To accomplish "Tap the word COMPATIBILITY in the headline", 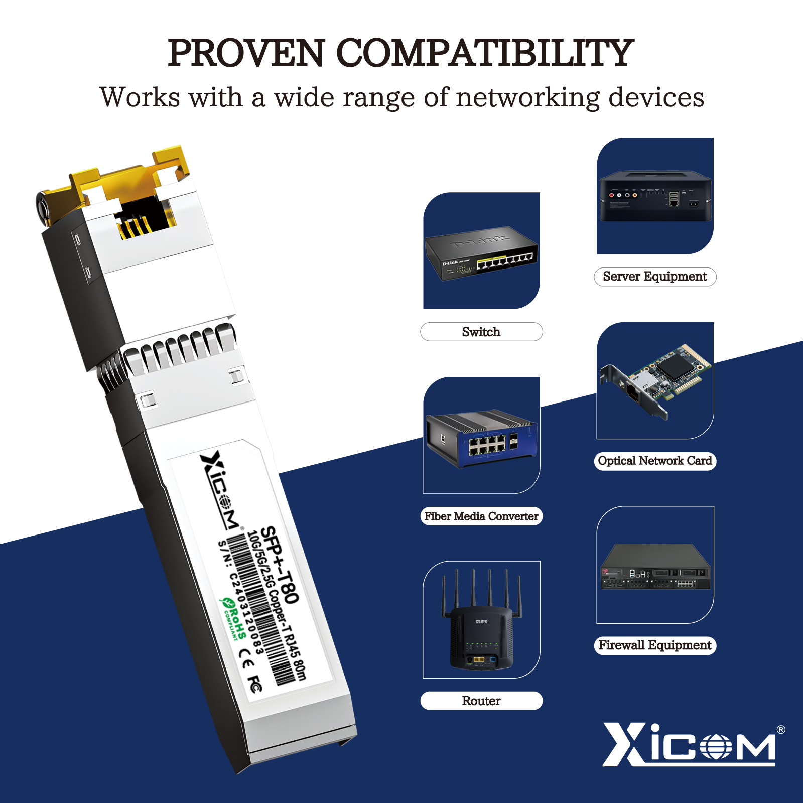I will click(x=484, y=53).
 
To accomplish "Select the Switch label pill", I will click(x=481, y=332).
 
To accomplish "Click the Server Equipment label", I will click(x=654, y=277).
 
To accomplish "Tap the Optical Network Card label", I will click(x=654, y=461).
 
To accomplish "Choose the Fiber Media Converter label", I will click(x=481, y=516).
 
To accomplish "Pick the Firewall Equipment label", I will click(x=654, y=645).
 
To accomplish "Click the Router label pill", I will click(x=481, y=701).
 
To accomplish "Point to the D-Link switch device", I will click(x=481, y=253).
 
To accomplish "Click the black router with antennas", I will click(x=481, y=627).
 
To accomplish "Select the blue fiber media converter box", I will click(x=481, y=438).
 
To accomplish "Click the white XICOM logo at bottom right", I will click(x=693, y=745).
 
